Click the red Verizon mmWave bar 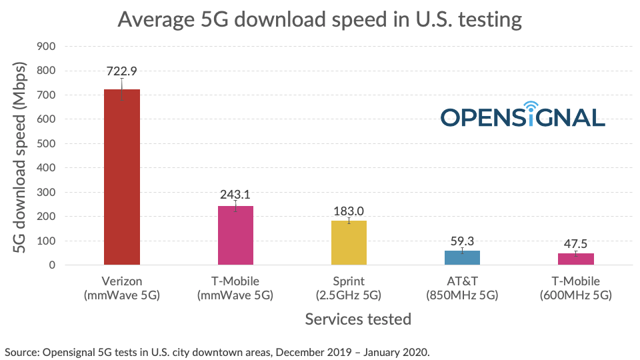(x=122, y=177)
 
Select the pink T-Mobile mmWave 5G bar (x=235, y=235)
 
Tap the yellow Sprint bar (x=349, y=243)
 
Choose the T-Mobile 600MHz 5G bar (x=575, y=259)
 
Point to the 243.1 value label (x=235, y=194)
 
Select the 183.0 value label (x=349, y=211)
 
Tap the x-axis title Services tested (x=358, y=319)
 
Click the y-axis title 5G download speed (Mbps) (x=20, y=157)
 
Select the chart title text (x=319, y=19)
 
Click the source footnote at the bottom (x=217, y=351)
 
